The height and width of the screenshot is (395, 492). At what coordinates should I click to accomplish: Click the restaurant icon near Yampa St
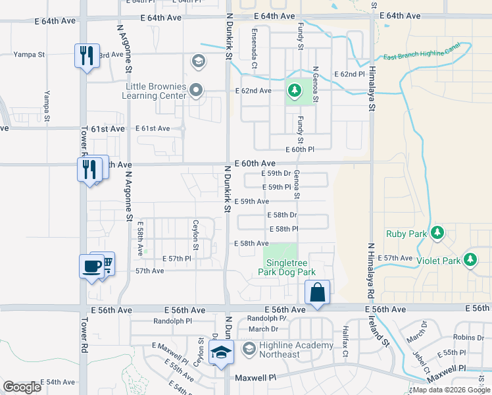click(87, 55)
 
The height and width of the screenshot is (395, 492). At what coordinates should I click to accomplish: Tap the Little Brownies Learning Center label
click(155, 91)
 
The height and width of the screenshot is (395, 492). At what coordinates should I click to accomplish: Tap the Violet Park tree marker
click(470, 259)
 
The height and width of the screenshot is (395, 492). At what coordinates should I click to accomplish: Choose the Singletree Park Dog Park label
click(289, 267)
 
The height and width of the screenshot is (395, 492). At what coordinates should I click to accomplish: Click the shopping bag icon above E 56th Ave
click(317, 292)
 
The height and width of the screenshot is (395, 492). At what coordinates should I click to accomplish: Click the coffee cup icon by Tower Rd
click(91, 267)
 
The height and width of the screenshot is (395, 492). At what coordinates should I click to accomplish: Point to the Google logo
click(22, 387)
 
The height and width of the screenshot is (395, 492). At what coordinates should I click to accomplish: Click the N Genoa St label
click(316, 84)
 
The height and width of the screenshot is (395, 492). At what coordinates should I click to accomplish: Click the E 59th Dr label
click(276, 173)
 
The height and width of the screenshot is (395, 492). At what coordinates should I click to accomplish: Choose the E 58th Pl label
click(284, 228)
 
